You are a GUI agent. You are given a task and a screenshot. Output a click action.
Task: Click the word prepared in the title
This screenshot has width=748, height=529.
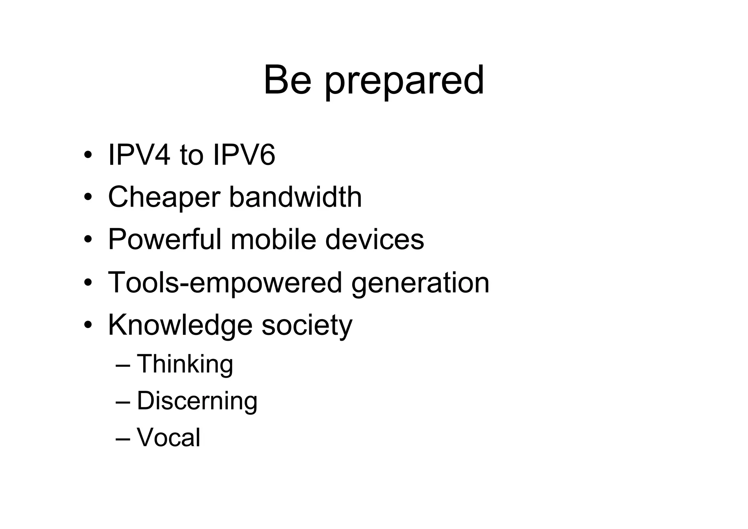[404, 82]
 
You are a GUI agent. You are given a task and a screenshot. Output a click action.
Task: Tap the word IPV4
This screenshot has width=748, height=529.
[139, 155]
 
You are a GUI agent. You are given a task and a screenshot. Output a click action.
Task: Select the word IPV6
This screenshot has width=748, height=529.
[244, 155]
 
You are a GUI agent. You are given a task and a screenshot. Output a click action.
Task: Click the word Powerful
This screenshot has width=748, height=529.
[165, 239]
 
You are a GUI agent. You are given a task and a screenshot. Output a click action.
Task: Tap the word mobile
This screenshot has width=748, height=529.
[273, 239]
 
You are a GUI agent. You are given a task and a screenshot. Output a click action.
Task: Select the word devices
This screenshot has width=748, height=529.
[374, 239]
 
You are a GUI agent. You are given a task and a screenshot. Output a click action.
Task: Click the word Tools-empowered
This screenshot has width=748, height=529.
[225, 283]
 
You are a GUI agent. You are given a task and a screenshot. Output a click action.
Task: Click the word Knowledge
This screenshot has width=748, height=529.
[180, 325]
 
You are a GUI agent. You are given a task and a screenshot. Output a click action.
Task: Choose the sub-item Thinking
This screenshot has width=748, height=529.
[185, 364]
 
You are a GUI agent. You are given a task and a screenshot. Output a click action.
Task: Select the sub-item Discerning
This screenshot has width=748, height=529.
[197, 401]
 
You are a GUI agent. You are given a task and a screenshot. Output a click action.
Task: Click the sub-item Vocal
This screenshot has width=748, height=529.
[168, 437]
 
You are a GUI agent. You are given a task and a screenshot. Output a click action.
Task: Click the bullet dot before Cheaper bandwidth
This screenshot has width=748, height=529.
[87, 198]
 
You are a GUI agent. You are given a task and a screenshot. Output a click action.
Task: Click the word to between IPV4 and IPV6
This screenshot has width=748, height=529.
[191, 155]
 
